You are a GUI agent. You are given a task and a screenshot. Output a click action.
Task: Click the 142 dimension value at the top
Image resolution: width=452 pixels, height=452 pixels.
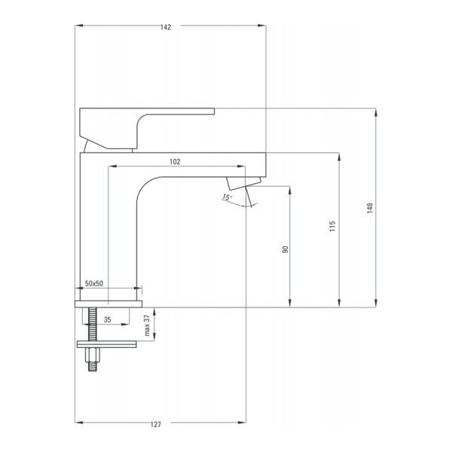coord(166,27)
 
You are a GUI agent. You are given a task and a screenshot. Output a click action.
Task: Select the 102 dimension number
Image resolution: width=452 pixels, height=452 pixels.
coord(175,162)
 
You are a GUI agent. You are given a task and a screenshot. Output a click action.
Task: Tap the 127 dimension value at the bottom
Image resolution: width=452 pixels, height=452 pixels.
coord(156,424)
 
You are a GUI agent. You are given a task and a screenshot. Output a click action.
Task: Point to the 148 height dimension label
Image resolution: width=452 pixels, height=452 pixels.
coord(370,208)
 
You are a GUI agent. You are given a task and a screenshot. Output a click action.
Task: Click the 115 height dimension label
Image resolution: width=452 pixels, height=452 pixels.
coord(333,226)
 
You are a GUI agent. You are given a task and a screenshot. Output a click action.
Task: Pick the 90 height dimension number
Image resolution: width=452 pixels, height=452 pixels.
coord(285,249)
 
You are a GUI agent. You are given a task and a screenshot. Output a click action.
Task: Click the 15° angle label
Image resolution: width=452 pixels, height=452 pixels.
coord(227,197)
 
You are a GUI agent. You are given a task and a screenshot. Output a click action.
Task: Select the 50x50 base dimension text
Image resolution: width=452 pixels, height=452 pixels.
coord(94,283)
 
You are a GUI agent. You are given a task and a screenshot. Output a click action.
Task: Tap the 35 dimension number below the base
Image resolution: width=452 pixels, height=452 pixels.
coord(108,319)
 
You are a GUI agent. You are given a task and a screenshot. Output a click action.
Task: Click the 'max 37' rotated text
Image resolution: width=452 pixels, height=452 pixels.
coord(147,325)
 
